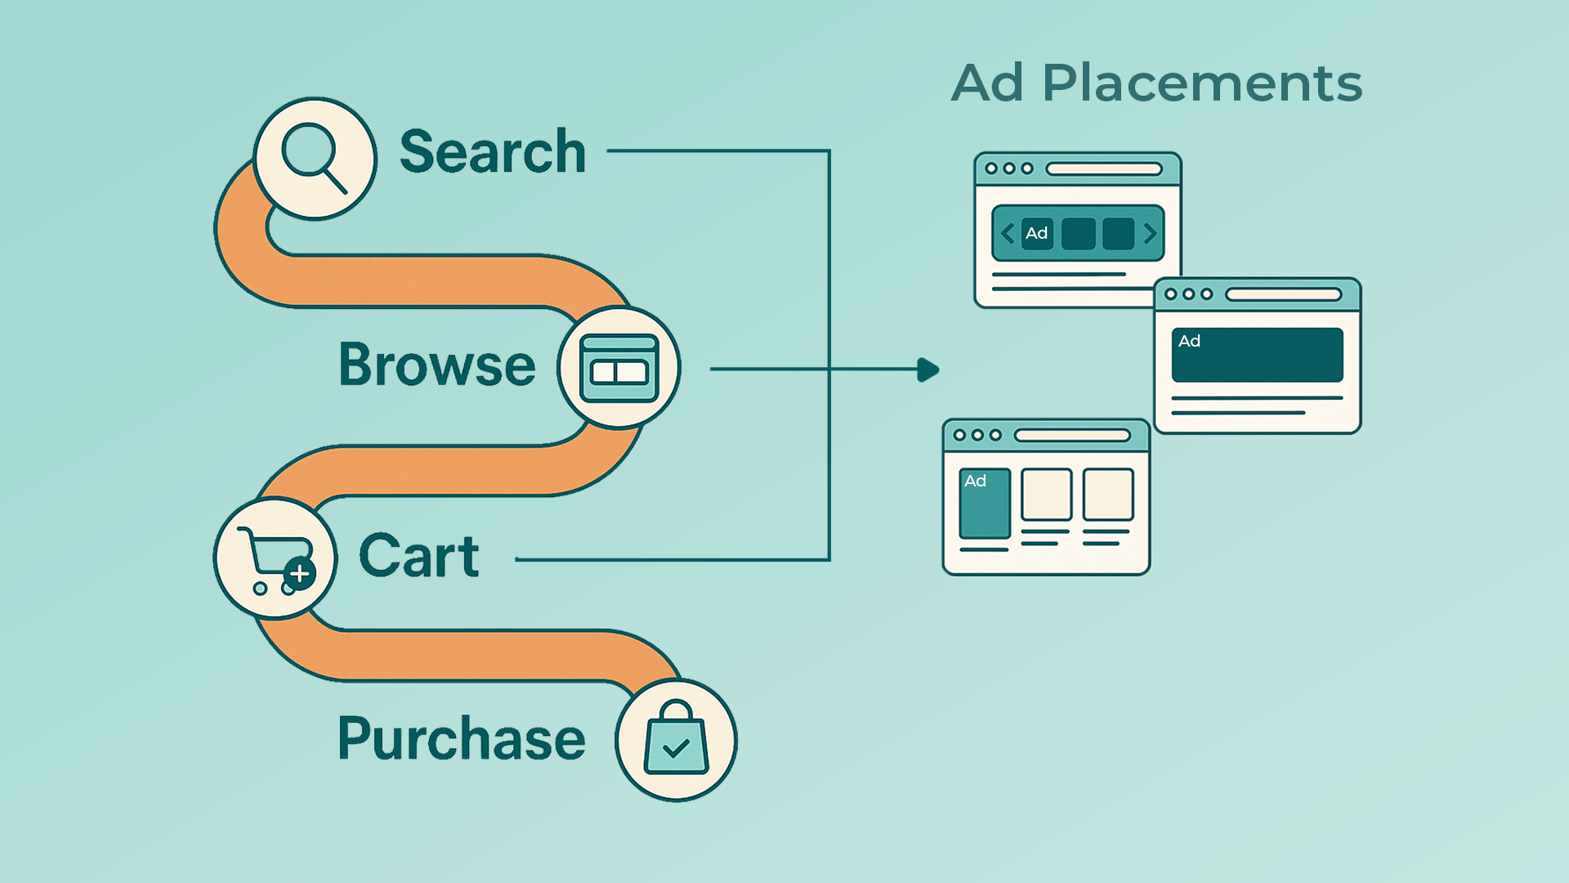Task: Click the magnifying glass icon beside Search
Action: click(x=314, y=157)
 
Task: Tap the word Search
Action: click(x=493, y=152)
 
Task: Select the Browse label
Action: click(x=437, y=365)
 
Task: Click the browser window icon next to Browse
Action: click(x=619, y=368)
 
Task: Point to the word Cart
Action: click(x=419, y=556)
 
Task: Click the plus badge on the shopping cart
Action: click(x=300, y=573)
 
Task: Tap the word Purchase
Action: click(x=462, y=738)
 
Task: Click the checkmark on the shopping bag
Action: click(x=676, y=747)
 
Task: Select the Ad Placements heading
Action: click(x=1156, y=83)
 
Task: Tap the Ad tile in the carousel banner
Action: click(x=1037, y=234)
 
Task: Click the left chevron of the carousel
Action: click(x=1008, y=234)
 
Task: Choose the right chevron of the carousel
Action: click(x=1150, y=234)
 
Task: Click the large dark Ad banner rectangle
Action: click(x=1257, y=355)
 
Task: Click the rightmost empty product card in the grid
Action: click(x=1108, y=495)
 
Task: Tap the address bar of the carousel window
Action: click(x=1104, y=169)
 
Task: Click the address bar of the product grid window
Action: click(x=1072, y=436)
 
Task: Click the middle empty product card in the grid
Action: click(x=1046, y=495)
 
